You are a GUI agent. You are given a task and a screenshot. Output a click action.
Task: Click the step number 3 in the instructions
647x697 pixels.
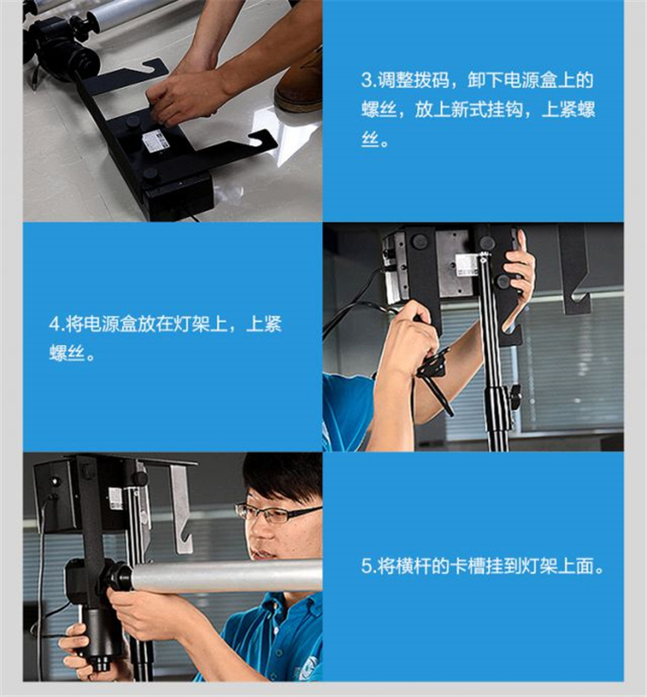[367, 80]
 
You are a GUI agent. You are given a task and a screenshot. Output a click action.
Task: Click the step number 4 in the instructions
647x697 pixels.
[54, 324]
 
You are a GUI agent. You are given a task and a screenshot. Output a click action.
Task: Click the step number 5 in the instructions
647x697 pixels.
[367, 566]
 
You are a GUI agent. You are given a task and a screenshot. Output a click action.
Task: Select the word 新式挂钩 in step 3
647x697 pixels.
[487, 110]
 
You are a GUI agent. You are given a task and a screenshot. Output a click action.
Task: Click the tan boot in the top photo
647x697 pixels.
[298, 85]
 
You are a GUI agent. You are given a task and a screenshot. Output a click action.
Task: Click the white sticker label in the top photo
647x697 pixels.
[156, 141]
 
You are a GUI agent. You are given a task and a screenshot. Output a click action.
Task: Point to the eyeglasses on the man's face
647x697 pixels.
[277, 513]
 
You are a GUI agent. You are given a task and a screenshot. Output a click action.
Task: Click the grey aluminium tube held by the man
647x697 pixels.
[226, 576]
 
